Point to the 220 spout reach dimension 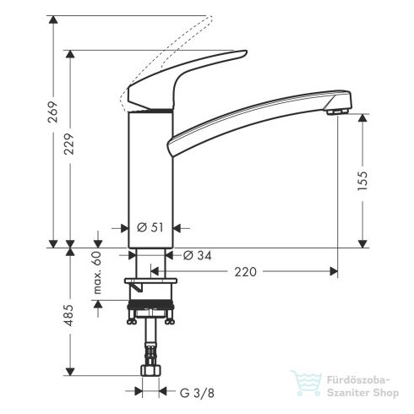[x=245, y=271]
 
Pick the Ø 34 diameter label [x=197, y=254]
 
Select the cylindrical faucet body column [x=149, y=177]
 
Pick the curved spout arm [x=253, y=114]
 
